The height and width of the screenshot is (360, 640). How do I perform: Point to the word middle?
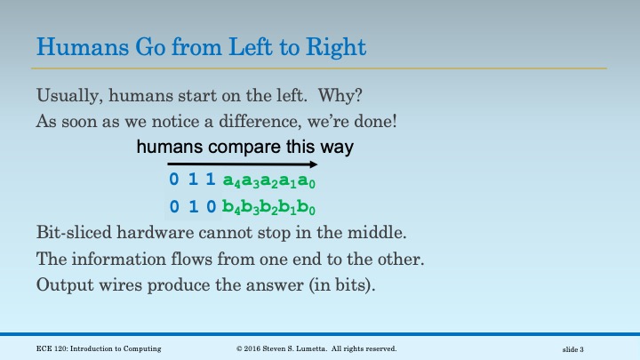(355, 235)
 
